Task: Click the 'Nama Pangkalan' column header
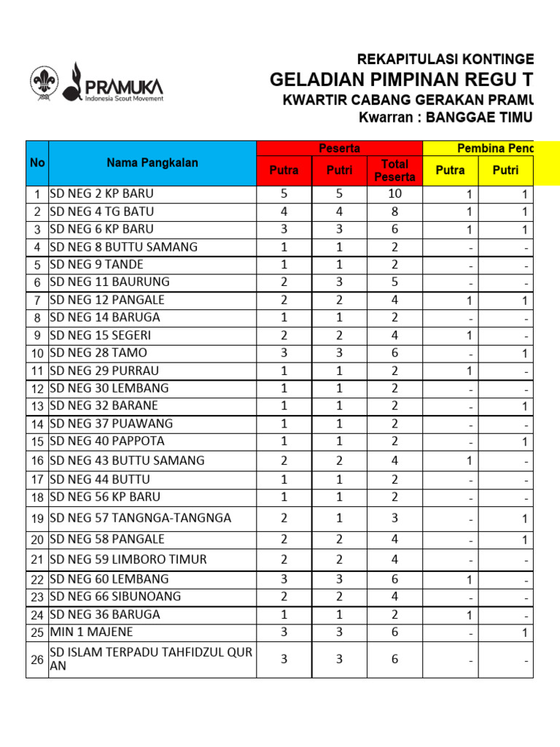click(152, 163)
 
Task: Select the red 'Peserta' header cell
click(340, 148)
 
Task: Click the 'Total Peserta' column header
click(394, 170)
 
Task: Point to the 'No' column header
click(37, 163)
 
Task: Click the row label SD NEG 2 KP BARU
click(102, 194)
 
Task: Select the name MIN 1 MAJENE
click(91, 632)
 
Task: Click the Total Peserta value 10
click(394, 194)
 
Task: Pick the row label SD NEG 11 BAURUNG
click(109, 282)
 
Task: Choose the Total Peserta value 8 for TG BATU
click(394, 212)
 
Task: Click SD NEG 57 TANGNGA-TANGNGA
click(140, 518)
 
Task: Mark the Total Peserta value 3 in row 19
click(394, 518)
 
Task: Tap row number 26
click(37, 660)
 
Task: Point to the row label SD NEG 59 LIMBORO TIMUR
click(128, 560)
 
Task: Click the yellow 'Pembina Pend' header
click(495, 148)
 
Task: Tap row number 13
click(37, 406)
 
